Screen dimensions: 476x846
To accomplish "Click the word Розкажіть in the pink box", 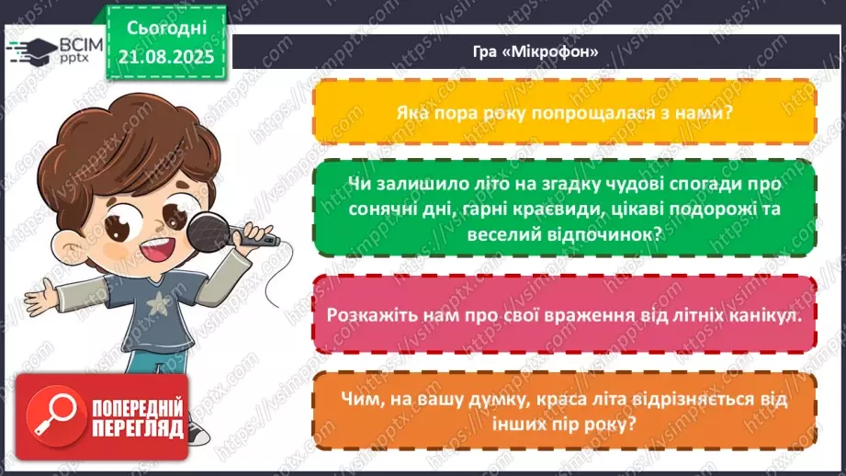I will [370, 312].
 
